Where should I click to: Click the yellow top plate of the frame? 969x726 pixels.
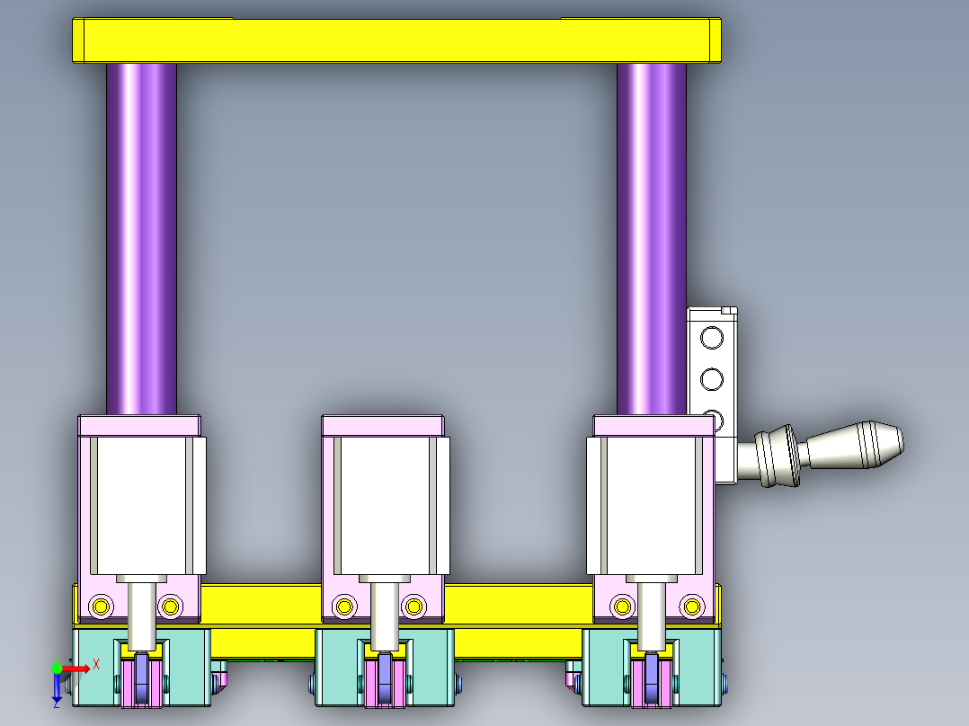coord(396,40)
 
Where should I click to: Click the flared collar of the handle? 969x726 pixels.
coord(775,457)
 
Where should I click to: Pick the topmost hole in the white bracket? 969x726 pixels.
coord(711,338)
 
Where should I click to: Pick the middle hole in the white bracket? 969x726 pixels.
coord(711,379)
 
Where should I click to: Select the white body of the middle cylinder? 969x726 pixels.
coord(385,503)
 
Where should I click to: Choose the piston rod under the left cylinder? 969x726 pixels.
coord(141,615)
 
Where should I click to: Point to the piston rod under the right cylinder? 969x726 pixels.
coord(652,615)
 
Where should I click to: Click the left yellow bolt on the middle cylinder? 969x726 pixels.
coord(343,606)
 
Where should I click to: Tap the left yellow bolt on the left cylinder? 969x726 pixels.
coord(101,606)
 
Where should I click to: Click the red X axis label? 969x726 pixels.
coord(95,663)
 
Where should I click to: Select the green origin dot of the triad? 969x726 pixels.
coord(58,668)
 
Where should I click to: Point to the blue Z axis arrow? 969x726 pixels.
coord(57,688)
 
